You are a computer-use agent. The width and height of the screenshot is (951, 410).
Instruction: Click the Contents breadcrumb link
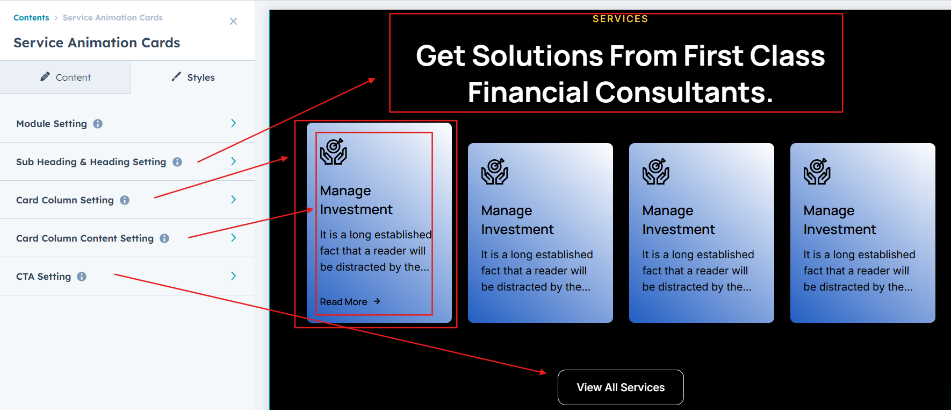31,18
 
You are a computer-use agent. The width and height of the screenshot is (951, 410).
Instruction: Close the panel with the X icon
233,22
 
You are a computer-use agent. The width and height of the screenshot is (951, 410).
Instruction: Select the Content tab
66,77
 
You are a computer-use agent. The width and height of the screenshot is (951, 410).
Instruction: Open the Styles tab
193,77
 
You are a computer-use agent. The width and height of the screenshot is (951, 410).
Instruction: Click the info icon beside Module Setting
98,124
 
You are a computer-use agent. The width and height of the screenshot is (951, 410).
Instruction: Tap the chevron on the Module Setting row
233,123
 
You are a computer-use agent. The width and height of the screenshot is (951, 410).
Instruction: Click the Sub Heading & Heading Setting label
91,162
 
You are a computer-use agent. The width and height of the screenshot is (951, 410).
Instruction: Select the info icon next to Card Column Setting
125,200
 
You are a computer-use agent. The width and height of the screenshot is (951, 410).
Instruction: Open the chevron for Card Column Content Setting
233,238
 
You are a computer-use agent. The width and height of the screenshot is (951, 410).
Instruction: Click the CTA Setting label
44,277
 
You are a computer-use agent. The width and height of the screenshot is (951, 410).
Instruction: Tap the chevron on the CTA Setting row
233,276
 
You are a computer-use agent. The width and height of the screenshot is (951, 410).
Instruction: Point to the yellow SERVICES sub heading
621,19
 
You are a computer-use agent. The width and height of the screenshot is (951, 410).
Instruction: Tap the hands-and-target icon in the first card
334,151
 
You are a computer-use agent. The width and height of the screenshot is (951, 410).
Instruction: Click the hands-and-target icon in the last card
817,171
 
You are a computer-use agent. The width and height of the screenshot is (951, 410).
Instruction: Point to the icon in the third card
656,171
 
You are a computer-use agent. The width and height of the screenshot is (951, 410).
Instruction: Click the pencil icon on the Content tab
45,77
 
